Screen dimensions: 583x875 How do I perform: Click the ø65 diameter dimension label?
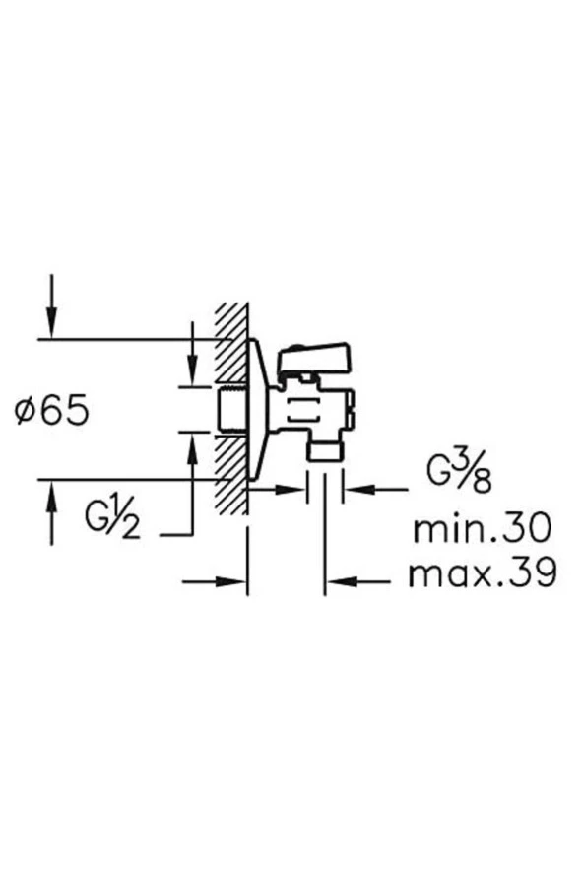pos(52,410)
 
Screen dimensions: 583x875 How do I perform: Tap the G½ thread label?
pos(112,519)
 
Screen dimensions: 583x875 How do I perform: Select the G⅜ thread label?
pos(460,472)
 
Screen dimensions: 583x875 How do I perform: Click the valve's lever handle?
pos(315,358)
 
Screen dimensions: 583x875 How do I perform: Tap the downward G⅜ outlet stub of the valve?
pos(325,449)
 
